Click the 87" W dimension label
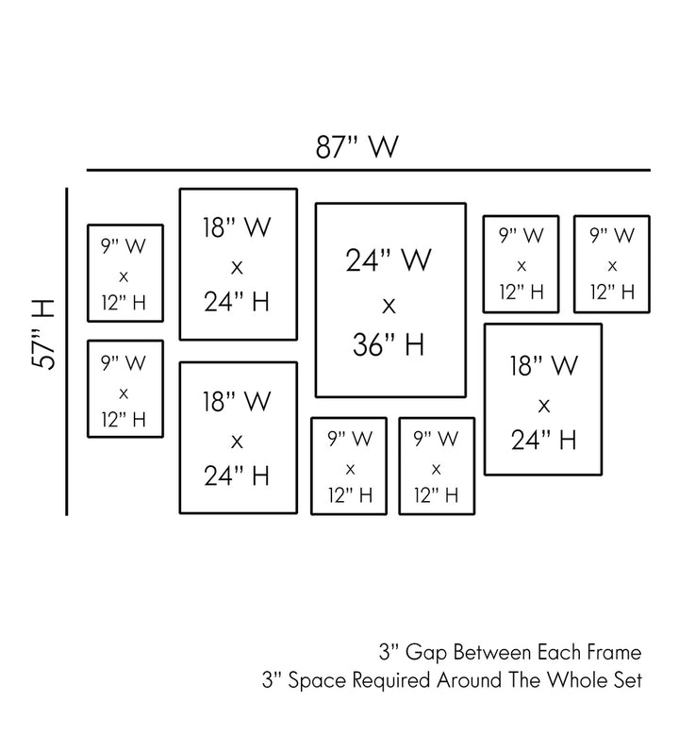(357, 148)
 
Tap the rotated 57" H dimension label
(42, 335)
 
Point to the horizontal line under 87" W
(368, 170)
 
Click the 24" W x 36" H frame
(390, 300)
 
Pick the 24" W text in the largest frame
(389, 260)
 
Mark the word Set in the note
(627, 679)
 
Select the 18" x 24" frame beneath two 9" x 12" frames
(543, 399)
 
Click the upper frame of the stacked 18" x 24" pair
(238, 263)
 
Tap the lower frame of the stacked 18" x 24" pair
(238, 438)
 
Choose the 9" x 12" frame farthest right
(612, 264)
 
